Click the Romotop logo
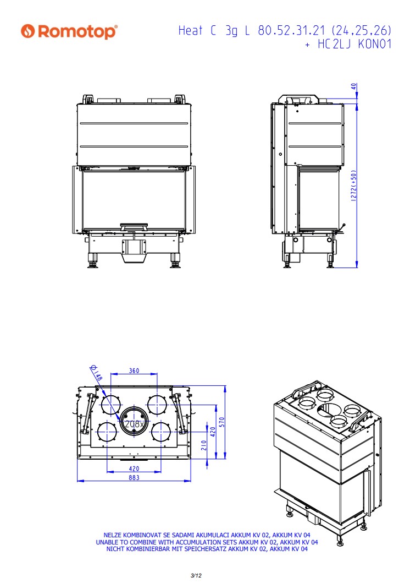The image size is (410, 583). (69, 31)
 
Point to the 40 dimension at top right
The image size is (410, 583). (354, 86)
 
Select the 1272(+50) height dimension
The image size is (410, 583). (353, 186)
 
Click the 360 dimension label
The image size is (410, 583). (134, 370)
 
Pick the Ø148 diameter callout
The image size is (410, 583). (96, 373)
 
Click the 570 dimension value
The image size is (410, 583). (221, 422)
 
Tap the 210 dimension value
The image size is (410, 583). (204, 445)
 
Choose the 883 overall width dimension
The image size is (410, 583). (134, 477)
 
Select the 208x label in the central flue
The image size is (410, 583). (134, 424)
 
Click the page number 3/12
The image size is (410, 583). (196, 575)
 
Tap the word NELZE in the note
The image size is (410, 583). (113, 536)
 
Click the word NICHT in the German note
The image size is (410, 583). (115, 549)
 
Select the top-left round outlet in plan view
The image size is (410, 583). (111, 405)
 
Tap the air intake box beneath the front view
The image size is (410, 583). (134, 251)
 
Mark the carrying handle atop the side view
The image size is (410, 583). (298, 100)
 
